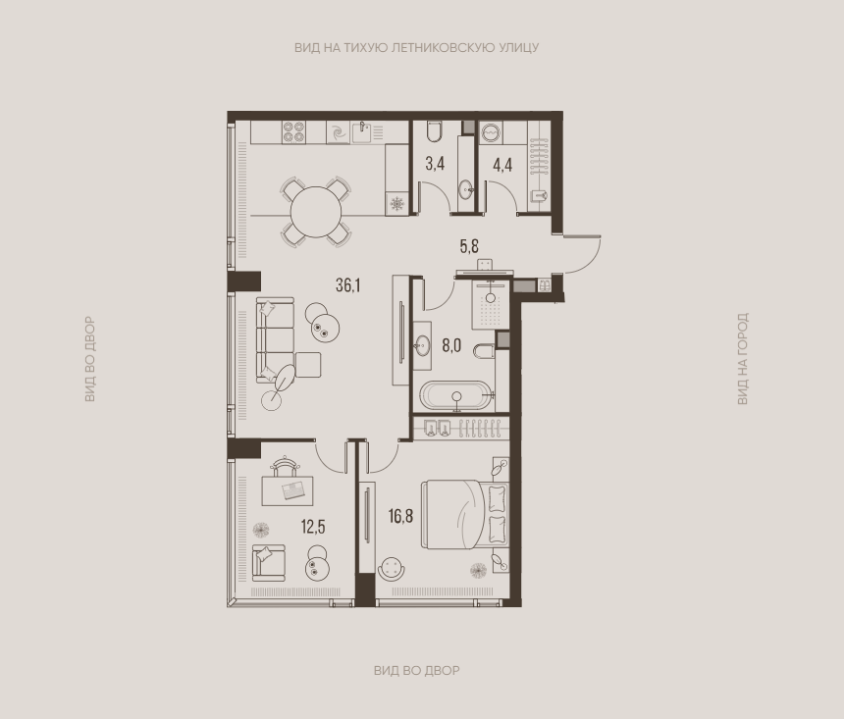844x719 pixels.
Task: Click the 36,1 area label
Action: (347, 285)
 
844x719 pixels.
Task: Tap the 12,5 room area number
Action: (313, 527)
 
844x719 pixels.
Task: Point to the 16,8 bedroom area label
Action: (401, 516)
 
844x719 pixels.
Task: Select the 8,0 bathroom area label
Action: (451, 345)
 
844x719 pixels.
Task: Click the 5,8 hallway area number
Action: (469, 246)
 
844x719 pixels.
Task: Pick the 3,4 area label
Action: (435, 164)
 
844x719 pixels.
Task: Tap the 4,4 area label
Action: (502, 165)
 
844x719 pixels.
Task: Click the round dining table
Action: (316, 212)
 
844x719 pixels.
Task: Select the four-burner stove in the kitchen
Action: (293, 131)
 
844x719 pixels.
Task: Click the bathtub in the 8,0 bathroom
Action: (456, 395)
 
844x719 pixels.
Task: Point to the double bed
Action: (464, 515)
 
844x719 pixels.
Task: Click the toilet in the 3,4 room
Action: (435, 131)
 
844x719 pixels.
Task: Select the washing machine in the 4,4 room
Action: (491, 132)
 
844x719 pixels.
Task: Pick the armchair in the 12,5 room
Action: (268, 562)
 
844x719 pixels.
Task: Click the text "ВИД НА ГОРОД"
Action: (742, 358)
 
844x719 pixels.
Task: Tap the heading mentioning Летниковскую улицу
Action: (416, 47)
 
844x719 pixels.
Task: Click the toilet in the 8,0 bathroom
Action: (485, 351)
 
